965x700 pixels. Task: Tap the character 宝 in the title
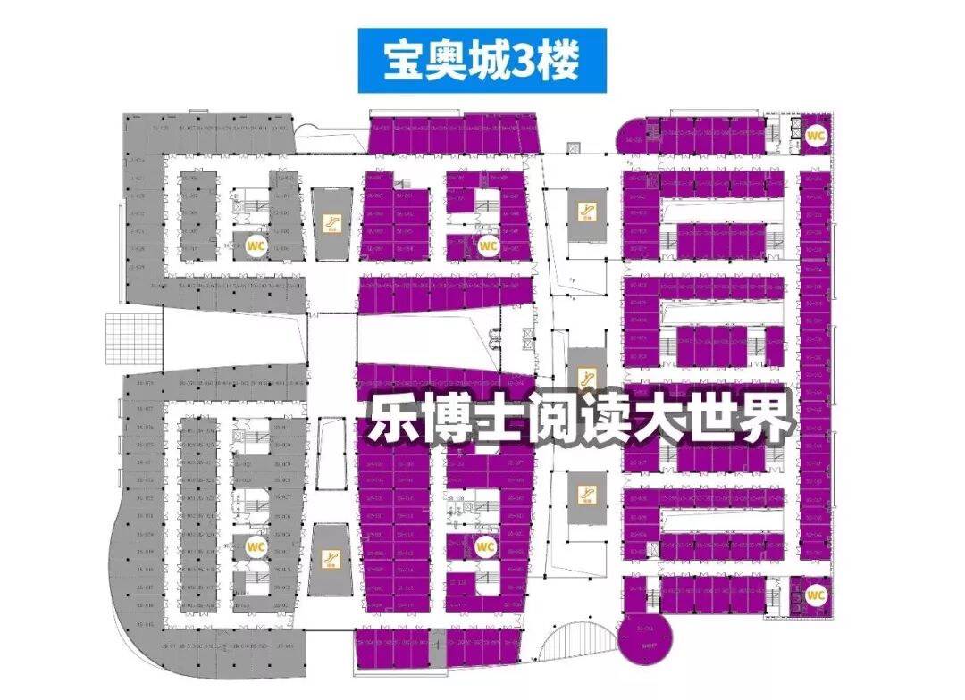tap(405, 61)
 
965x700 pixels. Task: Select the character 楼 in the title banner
tap(561, 61)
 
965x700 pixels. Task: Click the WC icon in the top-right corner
tap(816, 136)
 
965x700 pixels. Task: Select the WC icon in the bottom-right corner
tap(816, 594)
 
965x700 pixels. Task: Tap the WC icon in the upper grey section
tap(256, 246)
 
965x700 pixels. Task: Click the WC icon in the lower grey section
tap(256, 546)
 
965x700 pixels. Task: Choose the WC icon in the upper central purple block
tap(488, 246)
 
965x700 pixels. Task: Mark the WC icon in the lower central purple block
tap(485, 546)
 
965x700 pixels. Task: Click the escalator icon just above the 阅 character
tap(586, 377)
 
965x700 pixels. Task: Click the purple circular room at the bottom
tap(641, 638)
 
